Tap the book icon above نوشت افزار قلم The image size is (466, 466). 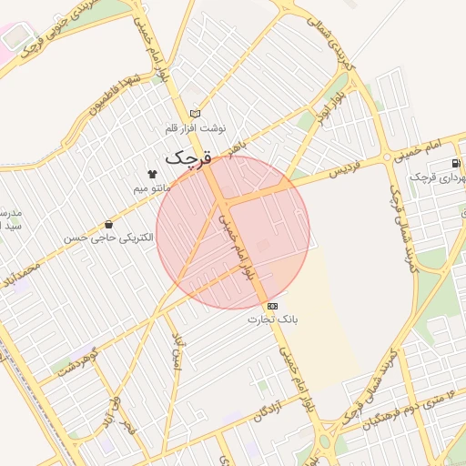coord(193,113)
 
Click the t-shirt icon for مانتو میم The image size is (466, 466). coord(151,174)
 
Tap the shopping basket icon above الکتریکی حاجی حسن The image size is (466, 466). coord(109,224)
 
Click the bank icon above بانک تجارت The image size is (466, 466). coord(273,305)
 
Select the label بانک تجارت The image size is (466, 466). coord(273,320)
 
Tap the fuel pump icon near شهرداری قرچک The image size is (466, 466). coord(454,163)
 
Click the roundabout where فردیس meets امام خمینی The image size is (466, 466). coord(388,157)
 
